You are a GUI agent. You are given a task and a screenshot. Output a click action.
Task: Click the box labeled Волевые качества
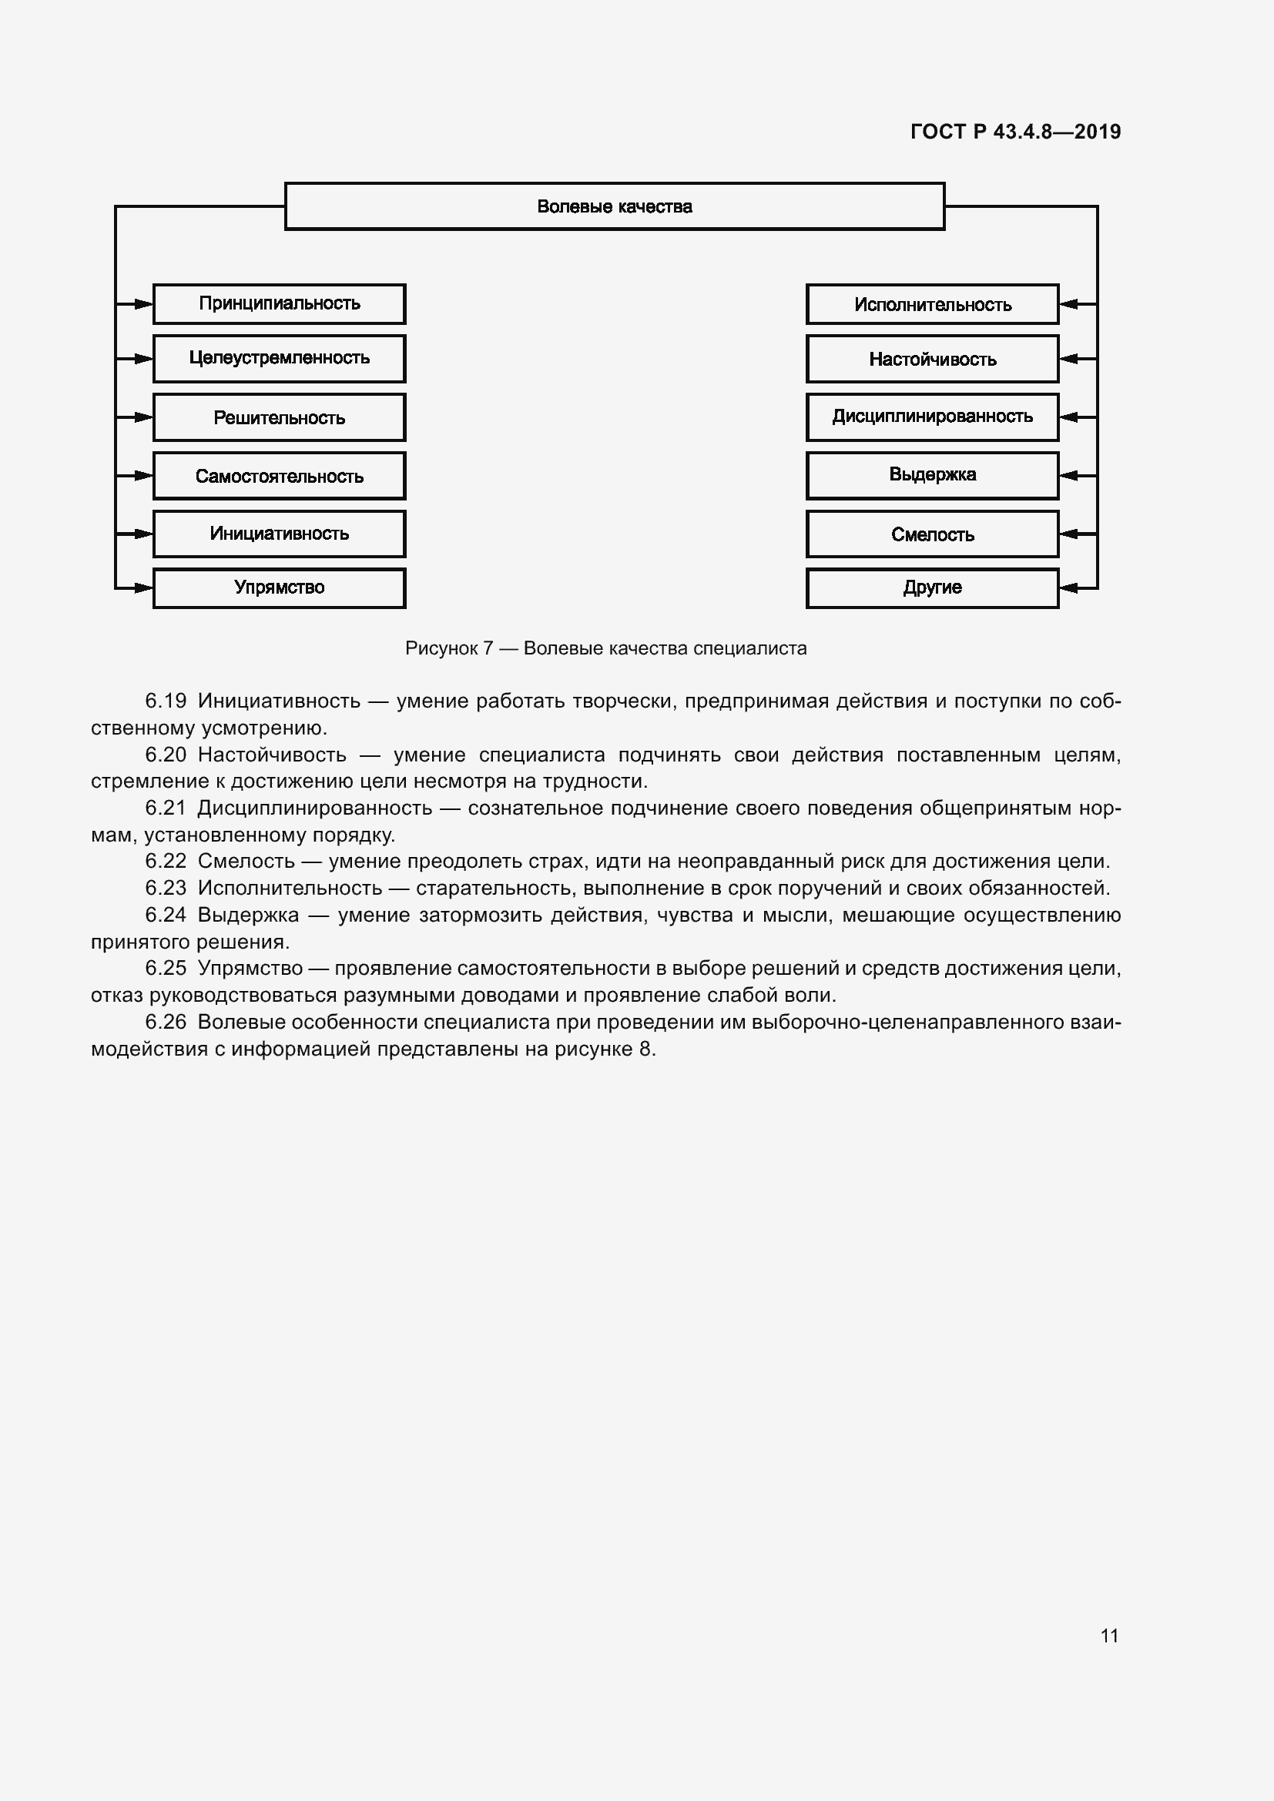(x=614, y=206)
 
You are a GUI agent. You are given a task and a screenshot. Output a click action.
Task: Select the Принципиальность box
(x=279, y=303)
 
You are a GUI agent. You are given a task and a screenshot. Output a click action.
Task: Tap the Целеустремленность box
(x=279, y=359)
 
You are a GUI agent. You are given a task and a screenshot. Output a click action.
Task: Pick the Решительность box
(x=279, y=417)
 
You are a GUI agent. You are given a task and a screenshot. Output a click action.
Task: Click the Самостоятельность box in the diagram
(x=279, y=475)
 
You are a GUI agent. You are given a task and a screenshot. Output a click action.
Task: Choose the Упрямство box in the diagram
(x=279, y=588)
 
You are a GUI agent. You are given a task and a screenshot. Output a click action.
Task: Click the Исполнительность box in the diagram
(x=932, y=304)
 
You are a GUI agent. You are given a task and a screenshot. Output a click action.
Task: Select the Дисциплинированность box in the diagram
(x=932, y=417)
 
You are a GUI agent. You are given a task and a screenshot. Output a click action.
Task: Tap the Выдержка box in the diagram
(x=932, y=475)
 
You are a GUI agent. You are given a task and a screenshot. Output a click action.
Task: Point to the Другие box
(x=932, y=588)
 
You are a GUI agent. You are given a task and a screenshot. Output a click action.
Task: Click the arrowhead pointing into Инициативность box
(x=143, y=534)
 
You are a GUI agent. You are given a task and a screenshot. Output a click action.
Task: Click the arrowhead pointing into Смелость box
(x=1068, y=534)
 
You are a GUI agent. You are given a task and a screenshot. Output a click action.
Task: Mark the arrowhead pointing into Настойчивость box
(x=1068, y=359)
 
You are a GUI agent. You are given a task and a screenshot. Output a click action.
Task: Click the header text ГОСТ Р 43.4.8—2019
(x=1015, y=132)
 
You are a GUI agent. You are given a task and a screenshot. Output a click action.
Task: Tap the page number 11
(x=1108, y=1635)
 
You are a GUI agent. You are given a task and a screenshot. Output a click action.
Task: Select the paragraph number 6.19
(x=166, y=701)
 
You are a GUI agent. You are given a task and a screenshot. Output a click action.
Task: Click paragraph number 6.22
(x=166, y=862)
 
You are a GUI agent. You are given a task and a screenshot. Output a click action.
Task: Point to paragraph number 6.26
(x=166, y=1022)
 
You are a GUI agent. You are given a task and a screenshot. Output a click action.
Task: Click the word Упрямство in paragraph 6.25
(x=250, y=968)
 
